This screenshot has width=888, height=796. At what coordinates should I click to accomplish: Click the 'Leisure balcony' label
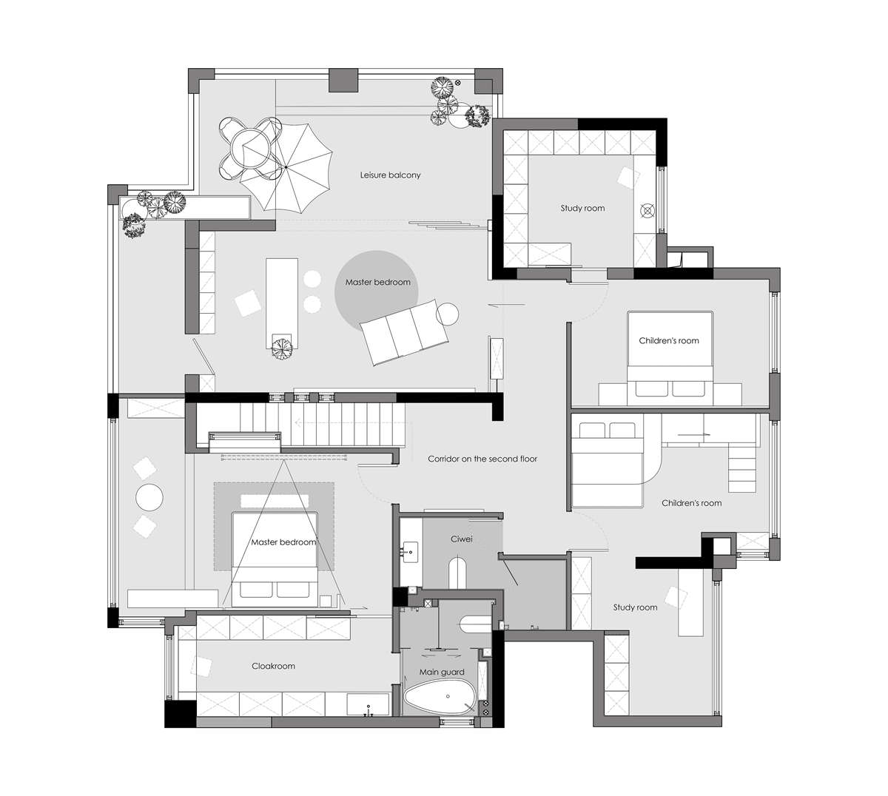[x=390, y=175]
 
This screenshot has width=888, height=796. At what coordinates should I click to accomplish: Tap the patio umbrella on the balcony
[x=286, y=167]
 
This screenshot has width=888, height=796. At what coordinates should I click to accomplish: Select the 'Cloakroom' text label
[x=273, y=666]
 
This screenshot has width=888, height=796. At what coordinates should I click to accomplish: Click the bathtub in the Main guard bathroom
[x=439, y=697]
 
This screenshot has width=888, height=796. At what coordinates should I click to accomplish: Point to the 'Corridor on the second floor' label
[x=482, y=459]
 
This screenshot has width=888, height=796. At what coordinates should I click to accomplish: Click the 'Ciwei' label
[x=462, y=539]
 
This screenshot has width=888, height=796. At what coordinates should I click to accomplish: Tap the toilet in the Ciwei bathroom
[x=459, y=573]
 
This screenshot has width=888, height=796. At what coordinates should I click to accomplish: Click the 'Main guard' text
[x=441, y=672]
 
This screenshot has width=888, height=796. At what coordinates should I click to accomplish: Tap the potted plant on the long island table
[x=282, y=347]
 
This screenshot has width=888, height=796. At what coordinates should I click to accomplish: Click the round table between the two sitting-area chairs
[x=149, y=497]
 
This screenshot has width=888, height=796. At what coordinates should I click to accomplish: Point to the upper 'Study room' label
[x=582, y=208]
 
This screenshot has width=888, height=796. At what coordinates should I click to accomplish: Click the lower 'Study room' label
[x=635, y=607]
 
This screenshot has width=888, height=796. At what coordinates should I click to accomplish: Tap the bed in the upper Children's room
[x=670, y=358]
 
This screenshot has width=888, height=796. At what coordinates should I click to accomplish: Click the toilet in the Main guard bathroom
[x=476, y=624]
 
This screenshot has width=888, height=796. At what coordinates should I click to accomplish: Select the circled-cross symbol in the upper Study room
[x=647, y=211]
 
